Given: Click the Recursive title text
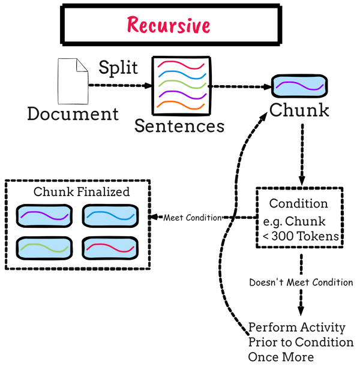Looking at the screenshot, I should pos(169,25).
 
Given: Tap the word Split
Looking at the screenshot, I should pos(118,68).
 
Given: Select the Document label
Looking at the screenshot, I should pos(73,113).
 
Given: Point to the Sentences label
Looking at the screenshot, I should pos(179,126).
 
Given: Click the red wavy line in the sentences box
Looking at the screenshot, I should pos(180,64).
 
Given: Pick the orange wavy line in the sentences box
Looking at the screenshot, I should pos(180,106).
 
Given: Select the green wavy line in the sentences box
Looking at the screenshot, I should pos(180,85).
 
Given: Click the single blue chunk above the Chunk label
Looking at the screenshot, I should pos(299,88).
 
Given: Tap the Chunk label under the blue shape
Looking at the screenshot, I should pos(299,110).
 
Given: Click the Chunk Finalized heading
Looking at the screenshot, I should pos(82,192).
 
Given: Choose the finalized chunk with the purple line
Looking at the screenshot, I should pos(45,215).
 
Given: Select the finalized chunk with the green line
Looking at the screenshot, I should pos(45,248).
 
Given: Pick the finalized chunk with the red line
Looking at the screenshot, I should pos(109,248).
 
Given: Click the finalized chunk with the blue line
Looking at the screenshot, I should pos(109,215).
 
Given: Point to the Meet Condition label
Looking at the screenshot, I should pos(192,218).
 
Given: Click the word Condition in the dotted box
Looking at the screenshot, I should pos(298,203).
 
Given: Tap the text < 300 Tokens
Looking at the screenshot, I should pos(301,236).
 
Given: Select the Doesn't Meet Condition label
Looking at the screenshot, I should pos(301,282).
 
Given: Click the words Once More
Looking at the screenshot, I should pos(281,357).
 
